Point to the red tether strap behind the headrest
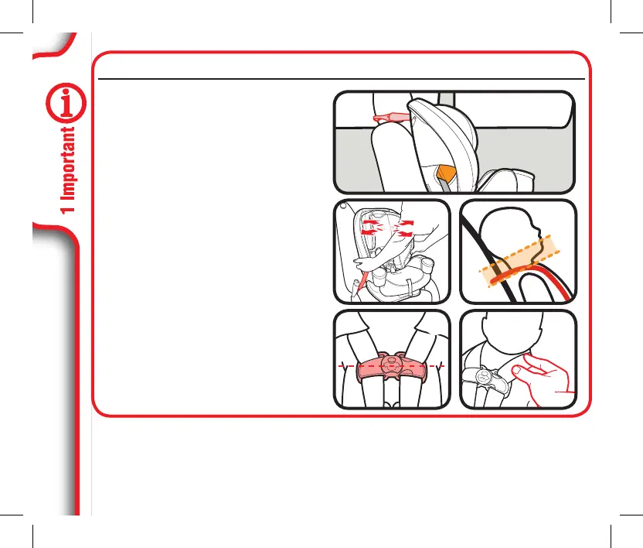pos(388,118)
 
